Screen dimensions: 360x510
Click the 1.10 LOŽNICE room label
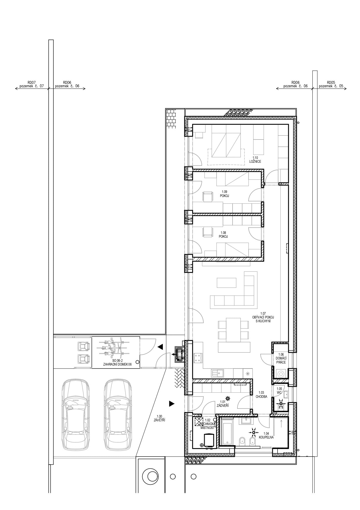pyautogui.click(x=255, y=160)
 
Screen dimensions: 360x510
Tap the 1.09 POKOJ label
pyautogui.click(x=224, y=194)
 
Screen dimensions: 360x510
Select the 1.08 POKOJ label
pyautogui.click(x=223, y=235)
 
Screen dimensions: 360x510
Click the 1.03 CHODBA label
pyautogui.click(x=261, y=394)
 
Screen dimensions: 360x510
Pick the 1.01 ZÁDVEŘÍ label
pyautogui.click(x=223, y=404)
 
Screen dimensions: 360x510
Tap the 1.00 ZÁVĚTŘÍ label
pyautogui.click(x=159, y=418)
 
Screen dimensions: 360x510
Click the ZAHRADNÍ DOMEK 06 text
pyautogui.click(x=117, y=364)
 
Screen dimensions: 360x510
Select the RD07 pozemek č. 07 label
pyautogui.click(x=32, y=84)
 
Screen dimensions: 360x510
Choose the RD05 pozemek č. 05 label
pyautogui.click(x=331, y=84)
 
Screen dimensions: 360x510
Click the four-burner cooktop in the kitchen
pyautogui.click(x=198, y=358)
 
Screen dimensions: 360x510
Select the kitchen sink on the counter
pyautogui.click(x=217, y=373)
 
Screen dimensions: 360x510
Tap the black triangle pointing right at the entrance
pyautogui.click(x=172, y=403)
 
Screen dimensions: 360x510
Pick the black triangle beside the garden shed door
pyautogui.click(x=160, y=347)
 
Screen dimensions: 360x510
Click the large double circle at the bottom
pyautogui.click(x=151, y=476)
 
